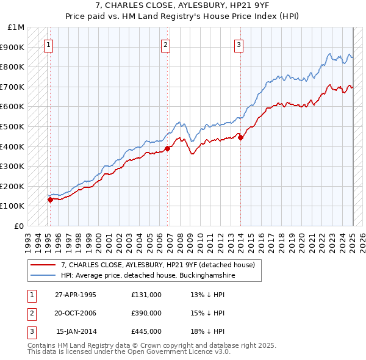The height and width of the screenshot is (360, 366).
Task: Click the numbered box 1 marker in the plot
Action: click(48, 44)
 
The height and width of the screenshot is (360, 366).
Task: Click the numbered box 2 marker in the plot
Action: click(165, 44)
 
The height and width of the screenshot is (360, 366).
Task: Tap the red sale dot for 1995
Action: click(50, 200)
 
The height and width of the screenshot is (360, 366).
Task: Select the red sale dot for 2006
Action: click(168, 148)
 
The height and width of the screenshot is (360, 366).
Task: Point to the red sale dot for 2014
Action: click(240, 137)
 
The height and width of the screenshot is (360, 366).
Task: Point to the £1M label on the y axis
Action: click(16, 27)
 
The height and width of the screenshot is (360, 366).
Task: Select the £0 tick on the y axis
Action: click(20, 226)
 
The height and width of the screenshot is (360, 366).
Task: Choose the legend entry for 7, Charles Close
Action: click(161, 264)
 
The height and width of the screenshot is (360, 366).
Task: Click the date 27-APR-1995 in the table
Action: click(76, 295)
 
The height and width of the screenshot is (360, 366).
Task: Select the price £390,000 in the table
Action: click(146, 313)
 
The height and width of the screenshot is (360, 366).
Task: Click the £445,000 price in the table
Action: click(146, 331)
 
